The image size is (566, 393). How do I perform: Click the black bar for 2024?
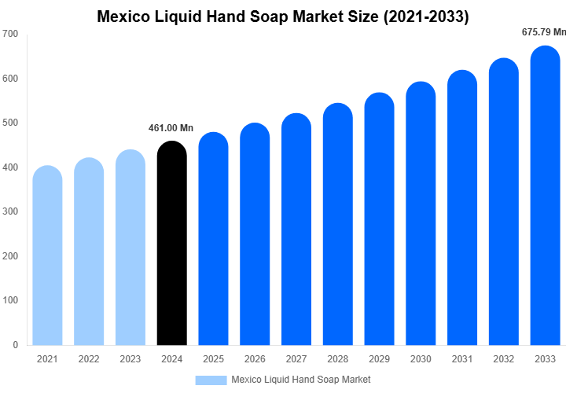point(172,244)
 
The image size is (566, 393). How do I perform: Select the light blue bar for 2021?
point(47,255)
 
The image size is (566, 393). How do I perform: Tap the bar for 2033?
point(546,196)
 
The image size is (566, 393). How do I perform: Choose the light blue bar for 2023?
point(130,248)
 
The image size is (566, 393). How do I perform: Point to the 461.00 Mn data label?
point(171,128)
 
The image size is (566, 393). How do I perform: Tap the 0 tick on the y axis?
point(15,345)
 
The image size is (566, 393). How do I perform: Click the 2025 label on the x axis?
point(213,359)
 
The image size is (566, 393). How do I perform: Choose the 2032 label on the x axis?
point(504,359)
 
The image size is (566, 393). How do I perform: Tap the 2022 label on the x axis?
point(89,359)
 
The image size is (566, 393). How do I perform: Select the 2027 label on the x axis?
point(296,359)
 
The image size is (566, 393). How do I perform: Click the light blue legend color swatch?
point(210,380)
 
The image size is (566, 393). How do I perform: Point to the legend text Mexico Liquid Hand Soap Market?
point(301,380)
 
